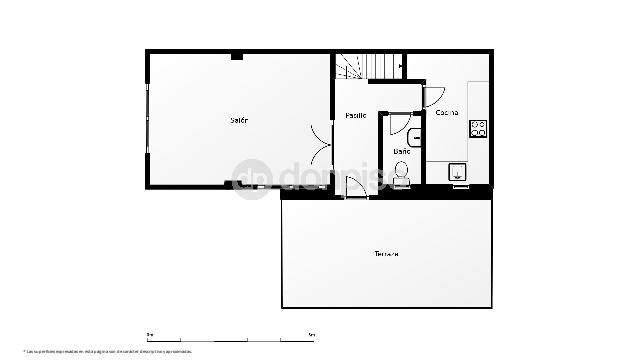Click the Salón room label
tap(239, 120)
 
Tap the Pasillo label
tap(356, 116)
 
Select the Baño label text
tap(401, 151)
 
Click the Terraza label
tap(387, 254)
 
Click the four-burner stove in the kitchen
tap(478, 128)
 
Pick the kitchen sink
tap(458, 173)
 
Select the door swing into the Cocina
tap(435, 96)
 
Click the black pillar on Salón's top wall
tap(237, 56)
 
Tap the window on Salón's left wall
tap(148, 120)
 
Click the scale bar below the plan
tap(230, 337)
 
